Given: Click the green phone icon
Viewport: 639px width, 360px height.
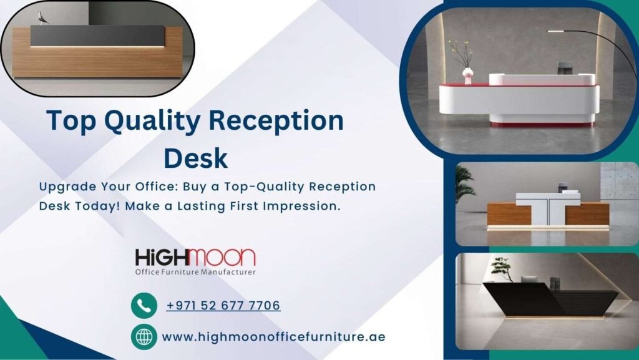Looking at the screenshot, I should point(144,306).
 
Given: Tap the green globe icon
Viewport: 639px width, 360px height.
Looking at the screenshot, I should point(144,337).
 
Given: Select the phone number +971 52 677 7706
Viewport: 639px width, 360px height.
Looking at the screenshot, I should point(223,306).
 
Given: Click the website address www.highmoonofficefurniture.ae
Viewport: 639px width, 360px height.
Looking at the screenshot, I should point(273,337).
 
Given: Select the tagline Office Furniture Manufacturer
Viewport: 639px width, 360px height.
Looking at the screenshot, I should point(195,272).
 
